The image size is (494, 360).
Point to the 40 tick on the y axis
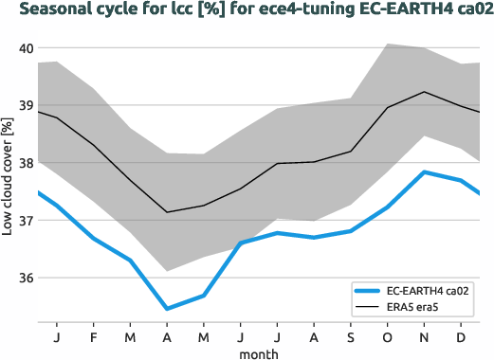click(26, 48)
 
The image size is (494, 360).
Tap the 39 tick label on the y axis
click(26, 106)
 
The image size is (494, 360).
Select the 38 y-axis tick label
click(26, 163)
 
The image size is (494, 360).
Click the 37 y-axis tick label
click(26, 221)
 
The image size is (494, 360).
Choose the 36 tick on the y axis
click(26, 279)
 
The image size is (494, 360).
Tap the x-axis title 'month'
click(259, 353)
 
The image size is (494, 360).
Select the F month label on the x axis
click(93, 335)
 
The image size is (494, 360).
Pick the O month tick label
click(387, 335)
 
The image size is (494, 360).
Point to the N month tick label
click(424, 335)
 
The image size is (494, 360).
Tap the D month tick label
click(461, 335)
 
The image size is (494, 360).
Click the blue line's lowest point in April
click(167, 309)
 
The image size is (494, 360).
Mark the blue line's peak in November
click(424, 171)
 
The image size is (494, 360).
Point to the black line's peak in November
click(424, 92)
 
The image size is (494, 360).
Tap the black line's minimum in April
click(167, 212)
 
